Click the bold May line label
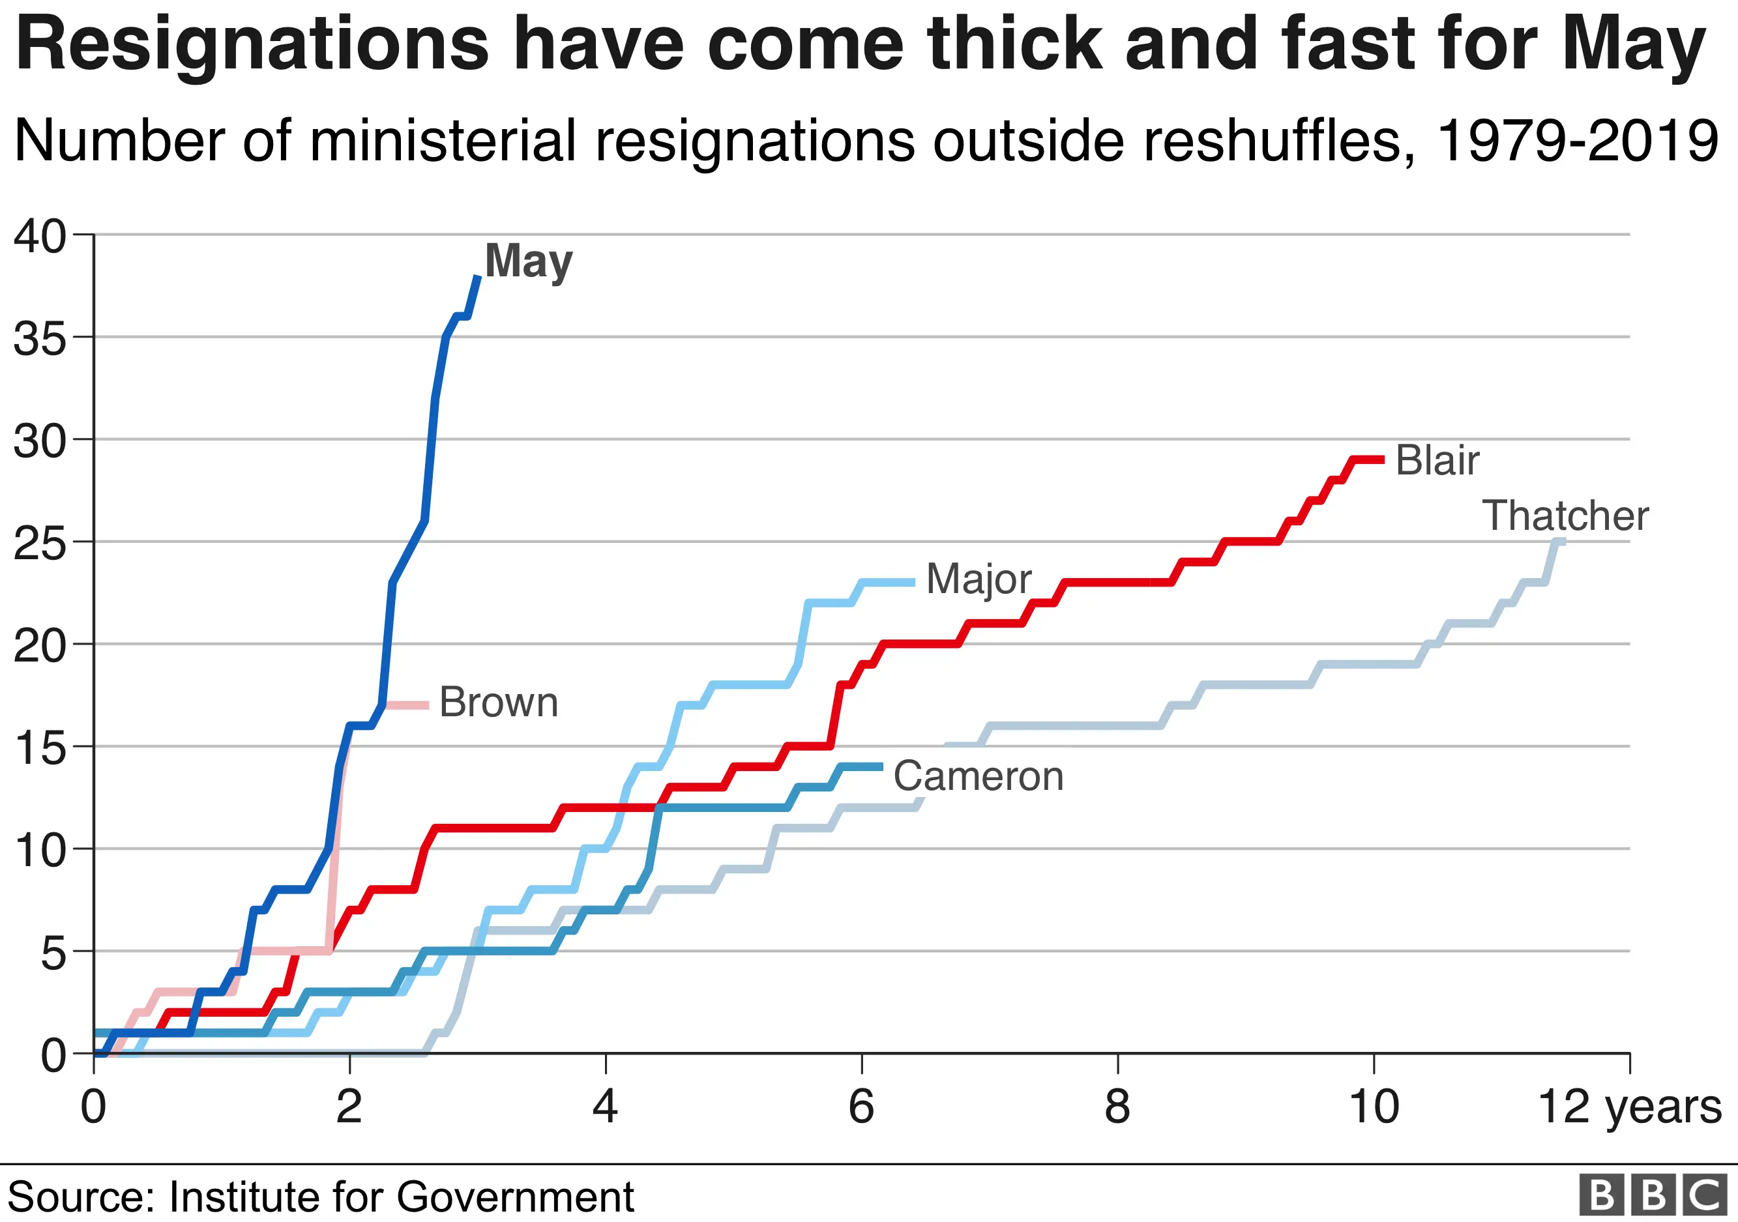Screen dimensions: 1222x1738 (528, 262)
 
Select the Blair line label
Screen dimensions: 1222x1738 (1437, 460)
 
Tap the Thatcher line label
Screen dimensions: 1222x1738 (1565, 516)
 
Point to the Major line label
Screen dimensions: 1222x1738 (978, 579)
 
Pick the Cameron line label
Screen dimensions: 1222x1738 (978, 776)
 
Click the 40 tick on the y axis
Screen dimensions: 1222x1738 (39, 236)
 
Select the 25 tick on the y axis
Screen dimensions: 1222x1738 (39, 544)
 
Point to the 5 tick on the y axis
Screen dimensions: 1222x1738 (53, 953)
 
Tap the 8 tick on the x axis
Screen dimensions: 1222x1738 (1117, 1107)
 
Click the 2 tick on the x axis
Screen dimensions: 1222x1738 (349, 1107)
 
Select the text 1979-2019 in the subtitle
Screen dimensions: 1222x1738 (1577, 141)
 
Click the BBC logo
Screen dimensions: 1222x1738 (1653, 1195)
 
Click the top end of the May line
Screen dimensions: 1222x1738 (478, 277)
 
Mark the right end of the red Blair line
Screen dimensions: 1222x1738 (1382, 459)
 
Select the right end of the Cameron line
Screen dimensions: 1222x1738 (881, 766)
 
